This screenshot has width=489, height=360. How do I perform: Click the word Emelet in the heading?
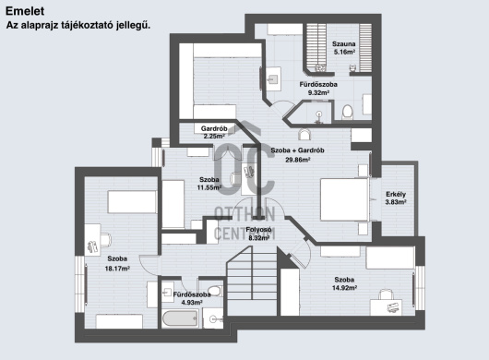25,11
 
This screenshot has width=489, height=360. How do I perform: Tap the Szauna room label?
343,44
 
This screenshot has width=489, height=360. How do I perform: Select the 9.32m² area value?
318,92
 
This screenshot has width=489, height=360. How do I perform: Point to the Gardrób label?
214,128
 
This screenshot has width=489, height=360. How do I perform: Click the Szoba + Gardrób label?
297,150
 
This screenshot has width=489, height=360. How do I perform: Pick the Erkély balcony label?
396,195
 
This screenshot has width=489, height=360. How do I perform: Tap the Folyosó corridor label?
258,230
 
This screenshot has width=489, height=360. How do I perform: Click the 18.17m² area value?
117,269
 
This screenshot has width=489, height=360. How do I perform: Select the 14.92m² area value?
344,288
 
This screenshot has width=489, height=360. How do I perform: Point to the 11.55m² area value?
209,187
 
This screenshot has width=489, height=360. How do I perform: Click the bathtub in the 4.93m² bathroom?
180,318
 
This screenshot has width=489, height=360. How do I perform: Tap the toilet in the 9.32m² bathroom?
347,113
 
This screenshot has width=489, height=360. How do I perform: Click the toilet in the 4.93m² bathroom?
215,291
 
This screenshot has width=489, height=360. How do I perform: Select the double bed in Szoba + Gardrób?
345,199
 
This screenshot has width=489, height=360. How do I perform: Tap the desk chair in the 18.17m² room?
106,240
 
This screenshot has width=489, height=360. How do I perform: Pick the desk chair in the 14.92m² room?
386,294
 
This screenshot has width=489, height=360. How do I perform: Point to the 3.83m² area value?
396,202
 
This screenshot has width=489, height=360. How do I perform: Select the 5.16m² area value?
344,52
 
